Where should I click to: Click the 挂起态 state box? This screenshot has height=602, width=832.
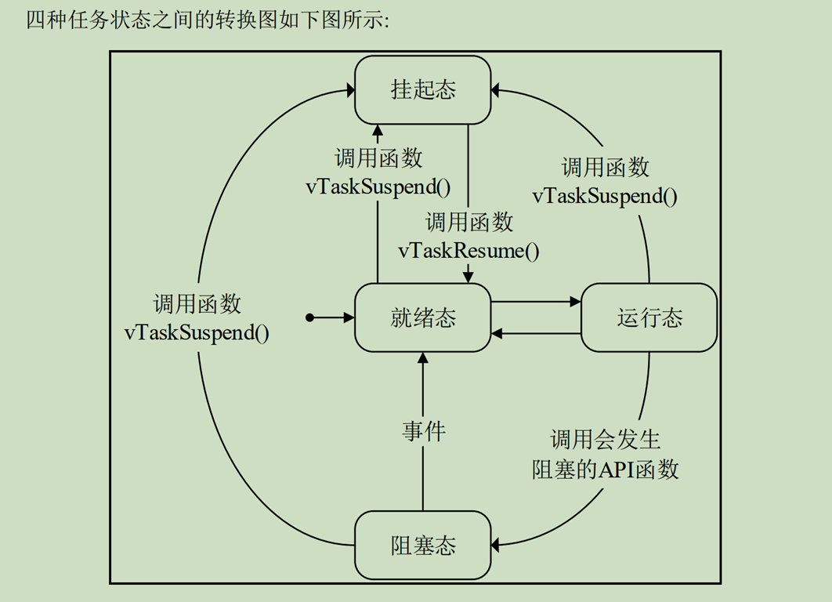tap(423, 90)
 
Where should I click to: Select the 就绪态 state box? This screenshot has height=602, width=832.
tap(423, 317)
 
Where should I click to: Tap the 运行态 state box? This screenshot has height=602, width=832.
tap(649, 317)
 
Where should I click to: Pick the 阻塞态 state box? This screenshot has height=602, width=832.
tap(423, 546)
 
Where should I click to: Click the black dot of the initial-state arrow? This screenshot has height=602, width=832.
tap(310, 317)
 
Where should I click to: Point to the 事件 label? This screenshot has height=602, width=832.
tap(424, 430)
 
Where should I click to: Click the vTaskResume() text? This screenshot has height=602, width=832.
tap(468, 251)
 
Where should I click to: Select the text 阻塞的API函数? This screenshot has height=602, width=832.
tap(605, 469)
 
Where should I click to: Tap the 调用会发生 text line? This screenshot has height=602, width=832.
tap(605, 440)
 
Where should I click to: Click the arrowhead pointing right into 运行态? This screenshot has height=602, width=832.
tap(575, 301)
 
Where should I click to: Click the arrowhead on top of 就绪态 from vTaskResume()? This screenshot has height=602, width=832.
tap(468, 277)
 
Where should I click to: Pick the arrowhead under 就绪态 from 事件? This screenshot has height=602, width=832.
tap(423, 357)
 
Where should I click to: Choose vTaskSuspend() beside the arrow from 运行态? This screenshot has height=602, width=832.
tap(605, 196)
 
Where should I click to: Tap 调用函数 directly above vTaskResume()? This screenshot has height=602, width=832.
tap(468, 222)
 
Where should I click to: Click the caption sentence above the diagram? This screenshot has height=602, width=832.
tap(208, 21)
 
